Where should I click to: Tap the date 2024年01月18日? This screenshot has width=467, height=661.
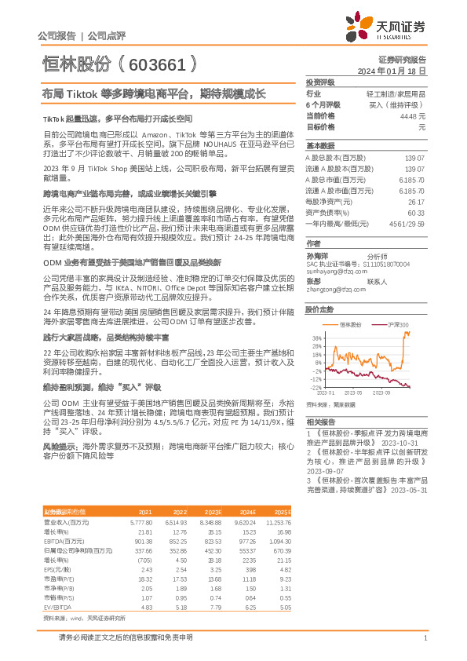pyautogui.click(x=391, y=71)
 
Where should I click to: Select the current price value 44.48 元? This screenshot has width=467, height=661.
pyautogui.click(x=414, y=115)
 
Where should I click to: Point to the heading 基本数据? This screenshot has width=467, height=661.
pyautogui.click(x=319, y=146)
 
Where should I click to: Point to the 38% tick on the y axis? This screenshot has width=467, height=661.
pyautogui.click(x=316, y=338)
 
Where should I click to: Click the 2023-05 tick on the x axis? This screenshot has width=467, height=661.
pyautogui.click(x=352, y=393)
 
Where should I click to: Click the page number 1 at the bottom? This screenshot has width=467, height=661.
pyautogui.click(x=425, y=638)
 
